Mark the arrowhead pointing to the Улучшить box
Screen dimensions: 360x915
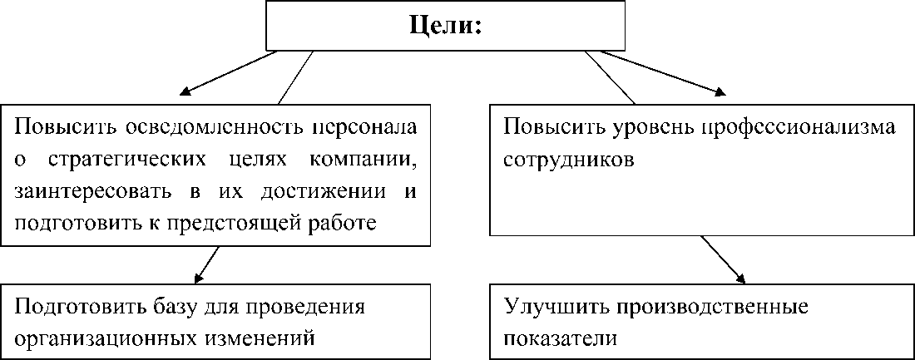pos(740,279)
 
